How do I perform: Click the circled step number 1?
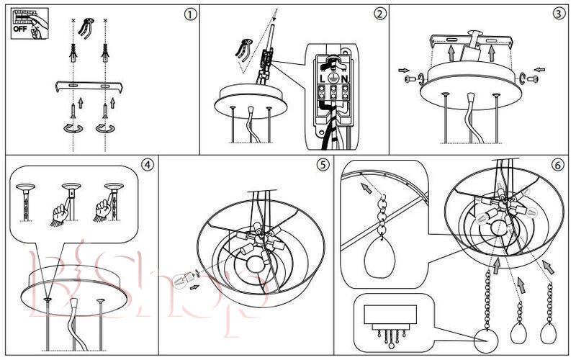click(189, 14)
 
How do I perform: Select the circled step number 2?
click(380, 14)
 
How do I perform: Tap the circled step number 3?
click(559, 14)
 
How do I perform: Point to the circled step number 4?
click(148, 164)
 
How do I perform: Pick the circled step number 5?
click(323, 164)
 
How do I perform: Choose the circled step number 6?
click(558, 164)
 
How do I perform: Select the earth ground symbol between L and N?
click(333, 78)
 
